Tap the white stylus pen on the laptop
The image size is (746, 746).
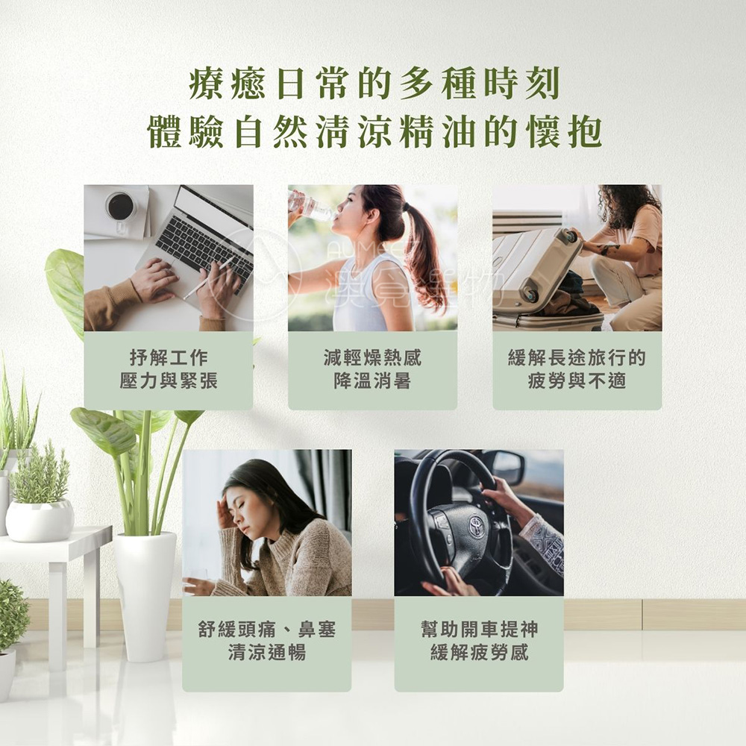(x=208, y=278)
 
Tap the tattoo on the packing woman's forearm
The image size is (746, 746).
(x=609, y=248)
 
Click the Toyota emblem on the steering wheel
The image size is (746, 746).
(x=475, y=527)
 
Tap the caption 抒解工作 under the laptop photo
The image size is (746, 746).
(x=169, y=357)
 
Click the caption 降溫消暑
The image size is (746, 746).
(x=372, y=380)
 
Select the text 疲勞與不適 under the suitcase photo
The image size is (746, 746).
(x=577, y=380)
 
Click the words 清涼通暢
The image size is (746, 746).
(x=266, y=652)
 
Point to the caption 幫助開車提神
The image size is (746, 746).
(x=479, y=629)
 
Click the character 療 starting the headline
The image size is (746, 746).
(x=206, y=84)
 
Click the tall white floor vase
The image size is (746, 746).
(x=145, y=597)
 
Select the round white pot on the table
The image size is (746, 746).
(x=40, y=521)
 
